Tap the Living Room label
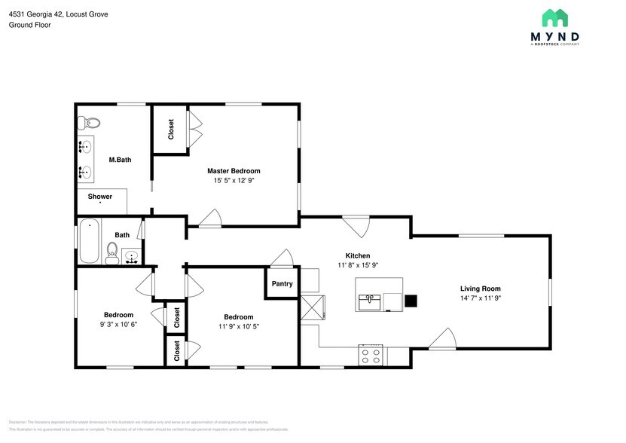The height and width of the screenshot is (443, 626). click(481, 289)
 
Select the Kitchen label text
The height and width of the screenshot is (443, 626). click(358, 255)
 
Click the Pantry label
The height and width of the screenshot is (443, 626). click(282, 284)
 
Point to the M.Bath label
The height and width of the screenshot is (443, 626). click(120, 159)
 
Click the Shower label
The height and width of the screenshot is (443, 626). click(100, 197)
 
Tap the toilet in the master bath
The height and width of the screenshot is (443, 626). click(90, 122)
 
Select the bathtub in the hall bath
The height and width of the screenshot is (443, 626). click(89, 241)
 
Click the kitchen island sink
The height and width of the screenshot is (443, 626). click(369, 302)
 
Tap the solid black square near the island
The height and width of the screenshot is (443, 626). click(411, 301)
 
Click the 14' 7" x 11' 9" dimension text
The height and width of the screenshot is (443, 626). click(481, 298)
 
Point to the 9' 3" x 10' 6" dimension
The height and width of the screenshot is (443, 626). click(118, 325)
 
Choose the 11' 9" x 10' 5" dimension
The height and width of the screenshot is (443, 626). click(238, 327)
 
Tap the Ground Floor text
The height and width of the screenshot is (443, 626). click(30, 25)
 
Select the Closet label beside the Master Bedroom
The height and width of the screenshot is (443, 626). click(171, 129)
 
